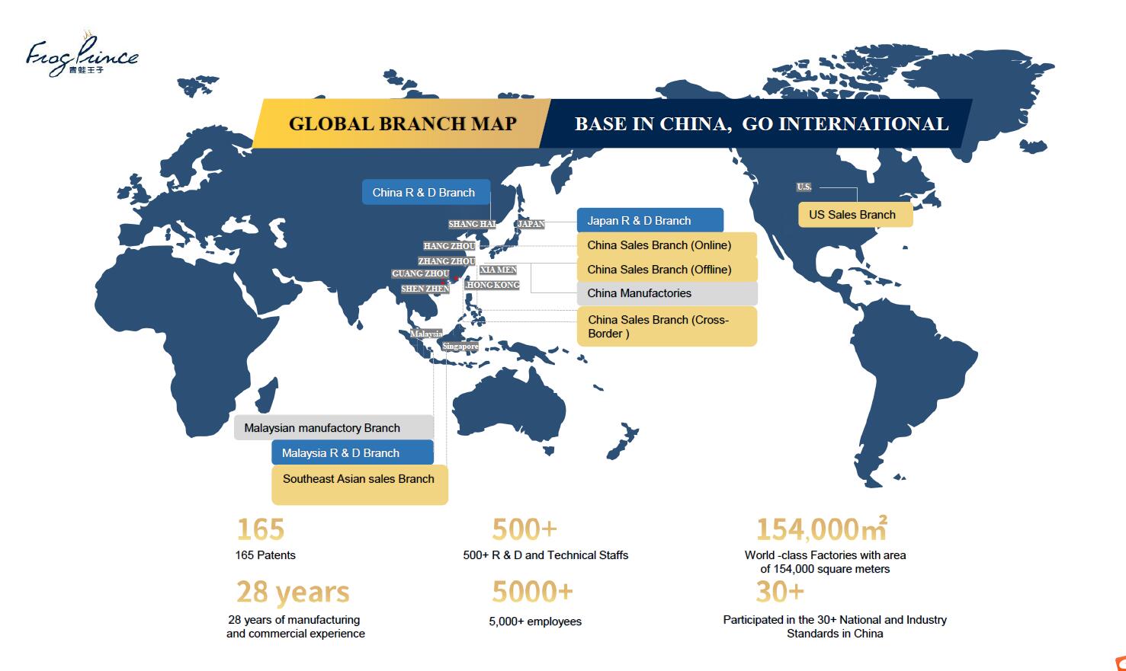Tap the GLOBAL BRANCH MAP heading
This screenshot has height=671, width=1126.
tap(403, 123)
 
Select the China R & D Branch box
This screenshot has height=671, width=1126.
tap(425, 193)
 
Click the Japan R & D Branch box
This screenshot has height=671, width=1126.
tap(650, 221)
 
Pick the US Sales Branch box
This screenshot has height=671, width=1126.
tap(855, 215)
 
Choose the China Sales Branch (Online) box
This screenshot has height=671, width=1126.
tap(666, 245)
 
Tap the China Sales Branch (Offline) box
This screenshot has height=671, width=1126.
tap(666, 270)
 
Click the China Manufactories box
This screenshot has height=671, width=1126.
tap(666, 293)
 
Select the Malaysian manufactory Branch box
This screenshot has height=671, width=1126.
tap(333, 428)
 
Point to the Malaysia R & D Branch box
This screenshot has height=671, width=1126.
tap(351, 453)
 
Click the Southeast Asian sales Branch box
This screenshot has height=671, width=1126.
tap(359, 484)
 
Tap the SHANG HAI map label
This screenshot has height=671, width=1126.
tap(472, 224)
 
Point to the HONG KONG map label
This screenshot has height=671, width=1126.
tap(492, 285)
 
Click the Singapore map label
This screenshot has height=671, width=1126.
tap(460, 347)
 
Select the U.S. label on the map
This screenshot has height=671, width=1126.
tap(804, 187)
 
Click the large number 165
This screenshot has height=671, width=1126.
tap(260, 529)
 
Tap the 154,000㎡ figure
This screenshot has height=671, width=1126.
tap(821, 529)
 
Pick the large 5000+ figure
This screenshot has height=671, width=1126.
tap(532, 592)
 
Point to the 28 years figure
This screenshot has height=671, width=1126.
tap(293, 592)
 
